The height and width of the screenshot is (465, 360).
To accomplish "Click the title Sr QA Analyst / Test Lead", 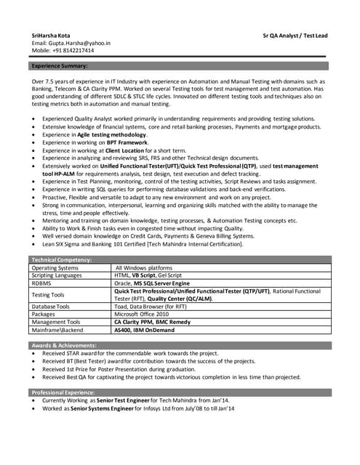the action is (x=295, y=35).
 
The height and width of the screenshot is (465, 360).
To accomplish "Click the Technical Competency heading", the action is (x=61, y=259).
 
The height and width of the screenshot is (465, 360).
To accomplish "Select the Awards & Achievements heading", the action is (x=65, y=344).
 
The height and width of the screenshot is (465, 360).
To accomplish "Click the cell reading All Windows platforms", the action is (x=148, y=267).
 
